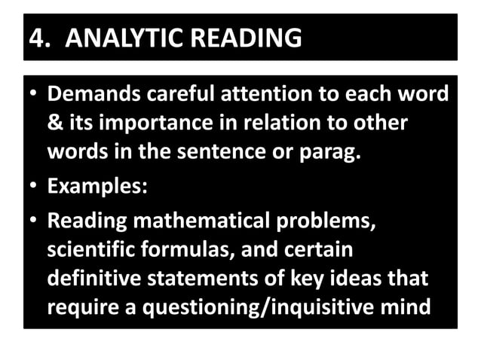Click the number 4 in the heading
(34, 38)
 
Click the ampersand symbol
(54, 124)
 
